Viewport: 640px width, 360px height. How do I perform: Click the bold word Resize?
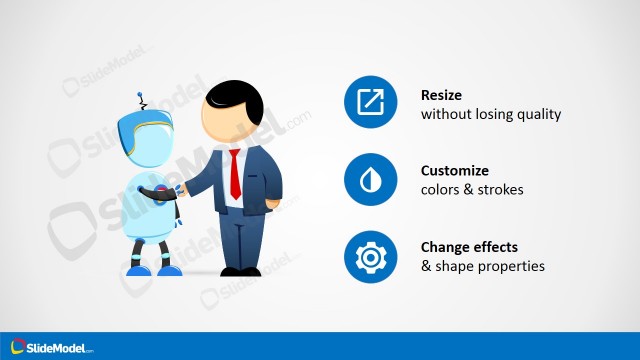[x=442, y=95]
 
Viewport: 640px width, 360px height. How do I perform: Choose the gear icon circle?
[x=370, y=257]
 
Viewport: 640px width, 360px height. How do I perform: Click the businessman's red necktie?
[x=234, y=172]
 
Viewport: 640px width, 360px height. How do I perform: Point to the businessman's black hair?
[x=238, y=98]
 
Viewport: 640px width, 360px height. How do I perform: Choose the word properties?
[x=511, y=266]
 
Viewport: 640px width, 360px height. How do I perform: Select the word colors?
[x=441, y=190]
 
